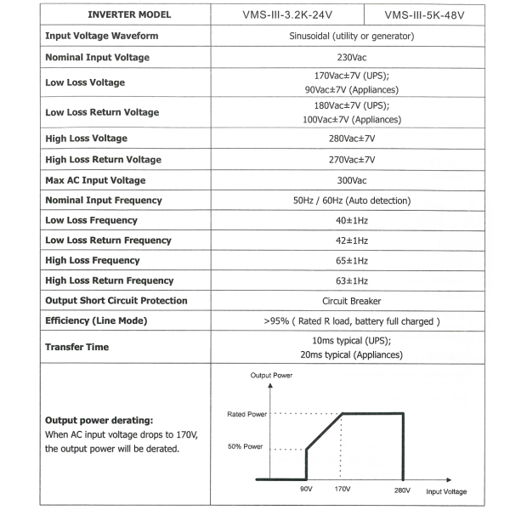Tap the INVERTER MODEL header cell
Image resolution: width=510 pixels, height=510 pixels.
129,14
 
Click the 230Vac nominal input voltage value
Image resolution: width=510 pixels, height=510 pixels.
351,57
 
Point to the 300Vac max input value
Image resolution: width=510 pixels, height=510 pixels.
351,180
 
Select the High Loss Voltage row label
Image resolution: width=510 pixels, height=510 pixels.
86,139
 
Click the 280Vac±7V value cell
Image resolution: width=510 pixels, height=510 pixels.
351,139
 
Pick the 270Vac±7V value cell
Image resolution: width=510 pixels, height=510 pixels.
351,160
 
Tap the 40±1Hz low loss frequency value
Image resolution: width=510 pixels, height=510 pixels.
351,220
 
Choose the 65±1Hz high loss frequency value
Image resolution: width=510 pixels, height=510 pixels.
351,260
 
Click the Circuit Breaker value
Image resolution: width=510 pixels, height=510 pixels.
351,301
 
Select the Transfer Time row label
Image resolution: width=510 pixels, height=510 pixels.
76,347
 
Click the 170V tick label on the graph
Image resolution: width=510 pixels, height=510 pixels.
342,490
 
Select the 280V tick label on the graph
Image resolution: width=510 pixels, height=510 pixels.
402,490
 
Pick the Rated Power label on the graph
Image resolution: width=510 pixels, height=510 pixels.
247,414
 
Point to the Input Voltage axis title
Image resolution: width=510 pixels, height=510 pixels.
446,491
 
